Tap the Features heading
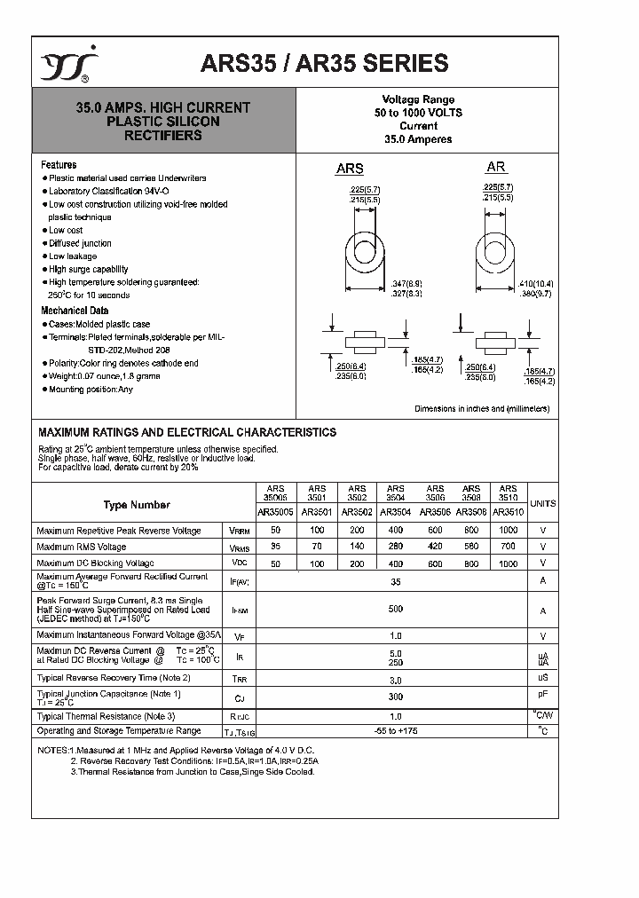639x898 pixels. pyautogui.click(x=59, y=165)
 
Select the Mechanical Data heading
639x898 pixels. pyautogui.click(x=75, y=311)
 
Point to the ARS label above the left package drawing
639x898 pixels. pyautogui.click(x=349, y=169)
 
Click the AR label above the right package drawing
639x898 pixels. pyautogui.click(x=495, y=167)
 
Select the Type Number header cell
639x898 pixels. pyautogui.click(x=137, y=505)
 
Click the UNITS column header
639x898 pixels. pyautogui.click(x=543, y=503)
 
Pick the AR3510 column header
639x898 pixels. pyautogui.click(x=508, y=512)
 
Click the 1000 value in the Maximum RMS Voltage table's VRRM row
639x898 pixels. pyautogui.click(x=508, y=531)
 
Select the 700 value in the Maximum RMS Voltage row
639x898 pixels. pyautogui.click(x=508, y=547)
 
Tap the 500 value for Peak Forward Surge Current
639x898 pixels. pyautogui.click(x=395, y=610)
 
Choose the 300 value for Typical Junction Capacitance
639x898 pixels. pyautogui.click(x=395, y=697)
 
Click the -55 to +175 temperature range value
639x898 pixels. pyautogui.click(x=395, y=731)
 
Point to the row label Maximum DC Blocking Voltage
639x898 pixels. pyautogui.click(x=95, y=563)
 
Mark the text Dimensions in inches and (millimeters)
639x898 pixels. pyautogui.click(x=482, y=409)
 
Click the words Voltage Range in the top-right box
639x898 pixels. pyautogui.click(x=418, y=99)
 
